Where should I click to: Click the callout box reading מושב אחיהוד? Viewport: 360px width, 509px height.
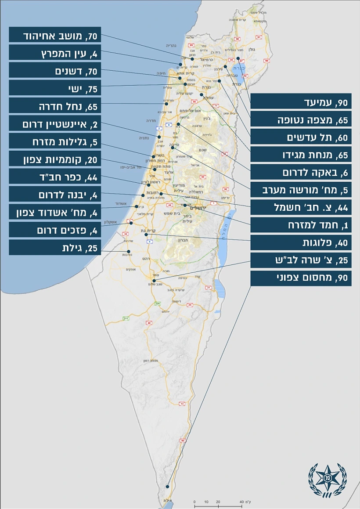click(55, 36)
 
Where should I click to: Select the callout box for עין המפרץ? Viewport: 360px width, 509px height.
click(55, 54)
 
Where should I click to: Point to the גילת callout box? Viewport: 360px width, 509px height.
click(55, 248)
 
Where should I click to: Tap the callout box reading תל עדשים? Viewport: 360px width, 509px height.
click(301, 137)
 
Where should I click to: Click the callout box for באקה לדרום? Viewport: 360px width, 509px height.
click(301, 173)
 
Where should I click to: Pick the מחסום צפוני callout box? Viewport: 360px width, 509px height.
click(301, 278)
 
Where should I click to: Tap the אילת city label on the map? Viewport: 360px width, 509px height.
click(166, 501)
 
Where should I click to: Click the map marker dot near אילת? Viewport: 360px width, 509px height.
click(168, 486)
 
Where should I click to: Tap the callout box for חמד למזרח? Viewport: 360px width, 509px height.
click(301, 225)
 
